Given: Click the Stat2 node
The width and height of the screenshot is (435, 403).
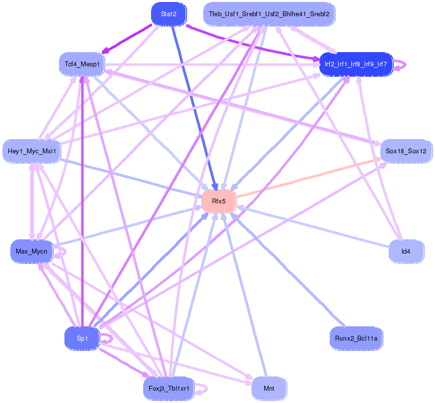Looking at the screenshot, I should click(x=168, y=14).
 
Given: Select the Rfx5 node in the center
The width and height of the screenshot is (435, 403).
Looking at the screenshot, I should click(x=219, y=201).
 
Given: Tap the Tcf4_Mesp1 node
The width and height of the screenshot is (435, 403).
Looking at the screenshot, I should click(x=82, y=64).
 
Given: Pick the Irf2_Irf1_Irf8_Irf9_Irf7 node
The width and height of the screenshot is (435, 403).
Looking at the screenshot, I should click(x=356, y=64).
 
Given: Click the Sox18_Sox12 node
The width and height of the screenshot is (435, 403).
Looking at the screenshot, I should click(x=406, y=151).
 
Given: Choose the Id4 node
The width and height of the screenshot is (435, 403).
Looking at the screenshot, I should click(x=405, y=251).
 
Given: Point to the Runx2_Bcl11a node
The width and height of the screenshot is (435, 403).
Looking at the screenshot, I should click(x=356, y=338).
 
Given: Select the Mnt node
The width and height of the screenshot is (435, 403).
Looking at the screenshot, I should click(x=269, y=389).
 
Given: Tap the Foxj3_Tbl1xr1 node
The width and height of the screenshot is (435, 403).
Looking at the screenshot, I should click(x=168, y=389).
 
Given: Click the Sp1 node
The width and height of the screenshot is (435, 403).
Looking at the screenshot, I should click(x=82, y=338).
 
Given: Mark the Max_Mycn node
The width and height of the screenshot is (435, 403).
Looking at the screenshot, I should click(x=31, y=251).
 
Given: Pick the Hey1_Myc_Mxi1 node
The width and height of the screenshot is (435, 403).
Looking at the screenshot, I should click(x=31, y=151).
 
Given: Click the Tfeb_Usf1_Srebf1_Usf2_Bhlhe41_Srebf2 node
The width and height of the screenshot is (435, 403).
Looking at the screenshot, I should click(x=269, y=14).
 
